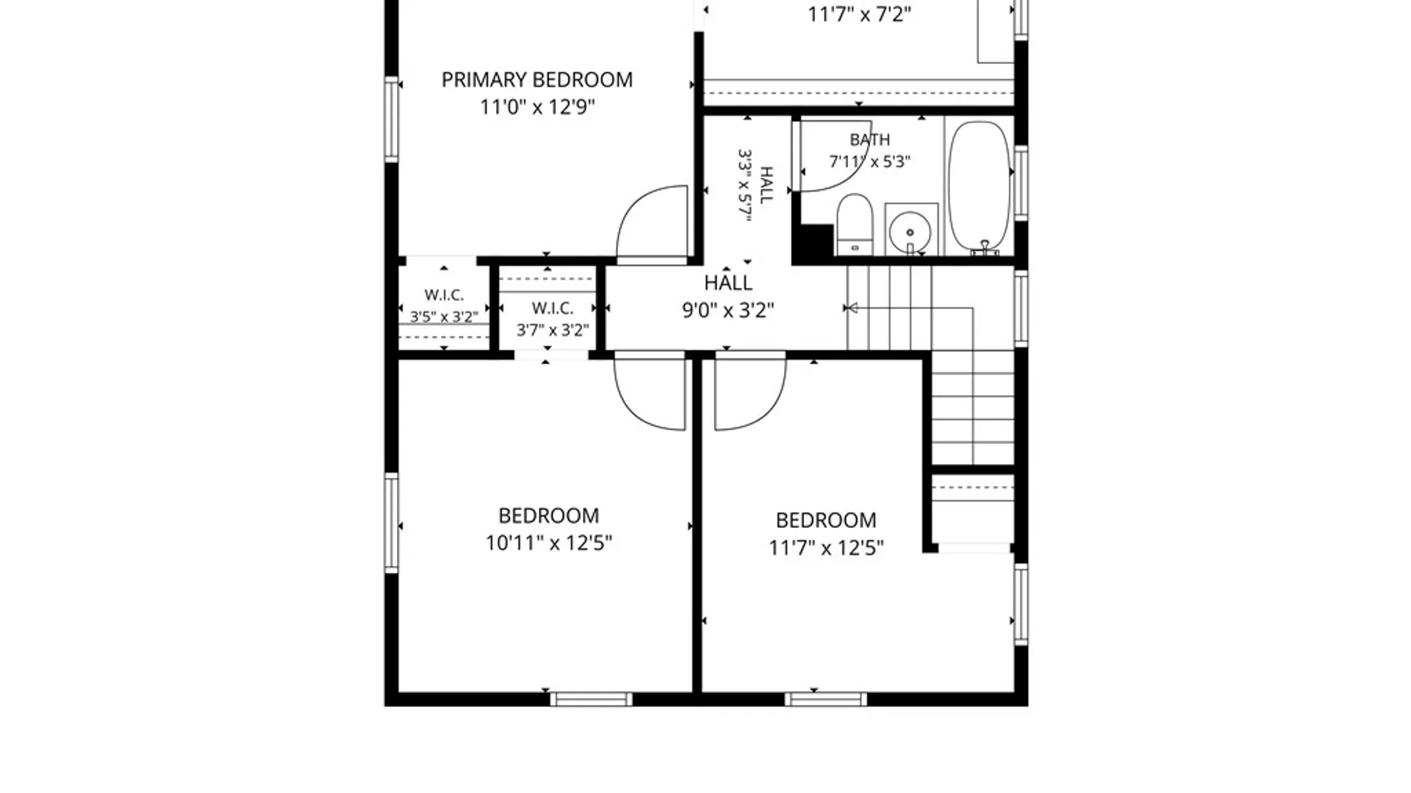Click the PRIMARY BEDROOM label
pyautogui.click(x=536, y=79)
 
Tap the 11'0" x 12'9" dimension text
pyautogui.click(x=537, y=107)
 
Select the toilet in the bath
pyautogui.click(x=855, y=224)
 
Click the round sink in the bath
pyautogui.click(x=911, y=232)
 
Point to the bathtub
pyautogui.click(x=979, y=187)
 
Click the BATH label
pyautogui.click(x=870, y=140)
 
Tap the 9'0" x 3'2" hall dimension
pyautogui.click(x=728, y=311)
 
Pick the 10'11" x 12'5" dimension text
pyautogui.click(x=548, y=543)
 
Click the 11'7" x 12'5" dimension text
pyautogui.click(x=826, y=548)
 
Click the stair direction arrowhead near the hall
pyautogui.click(x=851, y=308)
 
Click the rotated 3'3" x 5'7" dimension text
pyautogui.click(x=745, y=185)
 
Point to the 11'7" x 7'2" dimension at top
pyautogui.click(x=859, y=15)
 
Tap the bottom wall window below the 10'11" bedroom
pyautogui.click(x=591, y=699)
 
